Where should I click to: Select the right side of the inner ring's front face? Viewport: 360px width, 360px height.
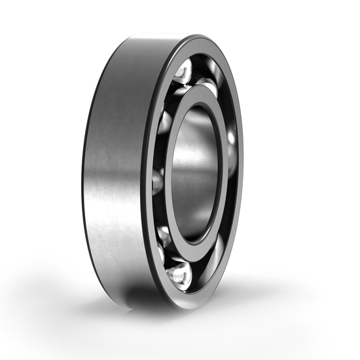point(223,170)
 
